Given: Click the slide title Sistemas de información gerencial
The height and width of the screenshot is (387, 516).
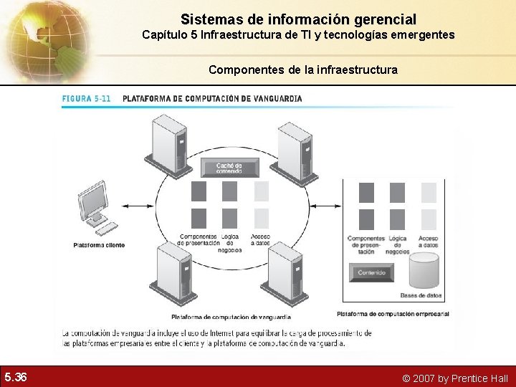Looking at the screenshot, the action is coord(298,19).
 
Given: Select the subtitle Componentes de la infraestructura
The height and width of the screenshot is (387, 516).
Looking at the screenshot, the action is coord(302,70).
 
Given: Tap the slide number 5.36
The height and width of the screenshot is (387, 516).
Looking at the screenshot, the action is coord(15,377).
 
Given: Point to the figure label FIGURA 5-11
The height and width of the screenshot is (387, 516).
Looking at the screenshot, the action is coord(86,98).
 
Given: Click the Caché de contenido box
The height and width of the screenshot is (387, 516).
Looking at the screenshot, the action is coord(229,168).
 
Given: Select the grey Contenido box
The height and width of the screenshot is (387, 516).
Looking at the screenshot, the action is coord(372,272).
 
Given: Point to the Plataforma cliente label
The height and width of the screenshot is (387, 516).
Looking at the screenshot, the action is coord(99,245).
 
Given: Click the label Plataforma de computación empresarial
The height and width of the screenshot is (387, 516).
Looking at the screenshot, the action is coord(393,313).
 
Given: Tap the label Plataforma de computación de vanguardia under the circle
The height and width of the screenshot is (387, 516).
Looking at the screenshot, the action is coord(231,317).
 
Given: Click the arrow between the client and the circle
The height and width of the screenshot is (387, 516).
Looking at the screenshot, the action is coord(138,206).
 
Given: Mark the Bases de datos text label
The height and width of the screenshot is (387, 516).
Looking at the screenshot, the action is coord(421,295).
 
